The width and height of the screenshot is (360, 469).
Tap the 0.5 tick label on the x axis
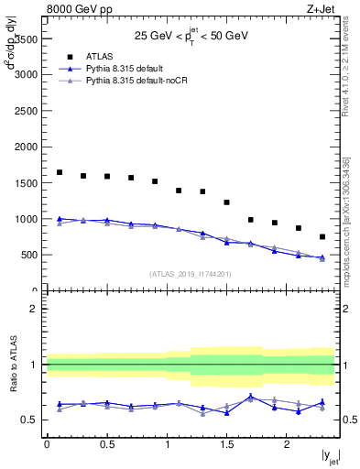106,445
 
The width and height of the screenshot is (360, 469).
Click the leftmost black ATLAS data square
60,172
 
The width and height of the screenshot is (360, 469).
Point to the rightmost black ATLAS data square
322,236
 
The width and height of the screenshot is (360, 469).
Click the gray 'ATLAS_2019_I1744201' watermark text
191,273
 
